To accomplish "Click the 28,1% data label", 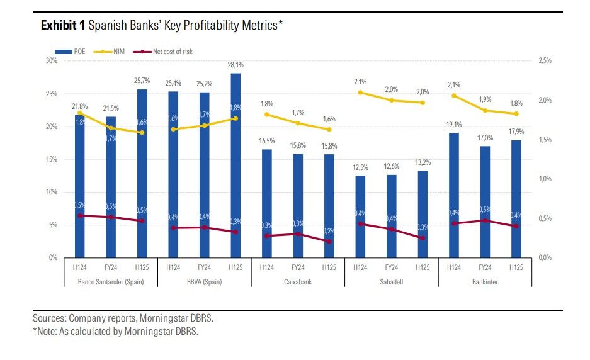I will click(235, 65).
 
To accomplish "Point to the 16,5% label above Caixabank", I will click(267, 142).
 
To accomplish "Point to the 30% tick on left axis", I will click(51, 61).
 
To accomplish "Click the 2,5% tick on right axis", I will click(545, 61).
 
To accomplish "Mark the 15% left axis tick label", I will click(51, 159).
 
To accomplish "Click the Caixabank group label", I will click(298, 282).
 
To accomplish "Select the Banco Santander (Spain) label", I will click(111, 282).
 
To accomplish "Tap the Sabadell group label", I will click(391, 282).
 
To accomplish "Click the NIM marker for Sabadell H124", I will click(360, 93).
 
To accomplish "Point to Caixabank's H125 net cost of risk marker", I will click(329, 241).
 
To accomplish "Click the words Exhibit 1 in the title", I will click(63, 25).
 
